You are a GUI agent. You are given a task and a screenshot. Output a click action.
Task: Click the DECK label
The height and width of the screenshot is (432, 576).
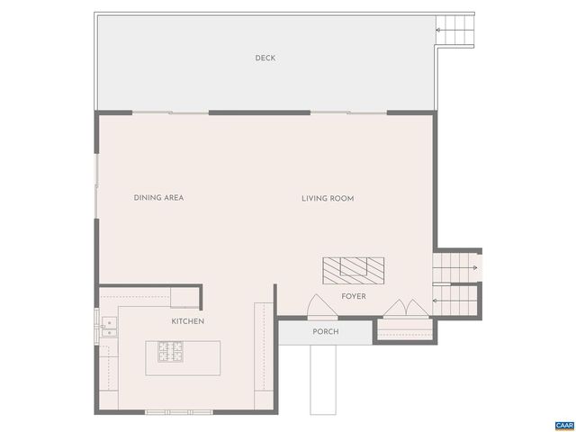coord(265,58)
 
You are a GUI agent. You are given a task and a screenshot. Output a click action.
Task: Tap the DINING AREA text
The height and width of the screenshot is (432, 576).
coord(158,198)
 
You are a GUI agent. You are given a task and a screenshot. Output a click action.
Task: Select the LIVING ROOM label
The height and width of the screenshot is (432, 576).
coord(328,198)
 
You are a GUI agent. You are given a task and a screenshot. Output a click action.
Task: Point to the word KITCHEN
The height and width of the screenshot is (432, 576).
coord(188,321)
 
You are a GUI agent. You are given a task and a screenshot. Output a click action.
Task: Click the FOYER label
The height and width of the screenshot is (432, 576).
coord(353,296)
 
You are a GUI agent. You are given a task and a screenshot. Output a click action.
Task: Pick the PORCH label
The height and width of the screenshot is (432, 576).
coord(325,331)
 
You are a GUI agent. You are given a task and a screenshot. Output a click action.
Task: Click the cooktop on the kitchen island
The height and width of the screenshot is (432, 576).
coord(171,352)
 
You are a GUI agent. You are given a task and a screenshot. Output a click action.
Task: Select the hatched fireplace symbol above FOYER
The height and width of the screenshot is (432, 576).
coord(354,269)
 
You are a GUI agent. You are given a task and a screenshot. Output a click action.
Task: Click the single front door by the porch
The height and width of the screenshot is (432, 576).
coord(321,308)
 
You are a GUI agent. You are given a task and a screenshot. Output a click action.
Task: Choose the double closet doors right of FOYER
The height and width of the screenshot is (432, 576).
coord(406,308)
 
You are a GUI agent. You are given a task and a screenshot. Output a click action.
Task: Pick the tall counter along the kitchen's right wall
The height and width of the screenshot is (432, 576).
coord(261,355)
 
